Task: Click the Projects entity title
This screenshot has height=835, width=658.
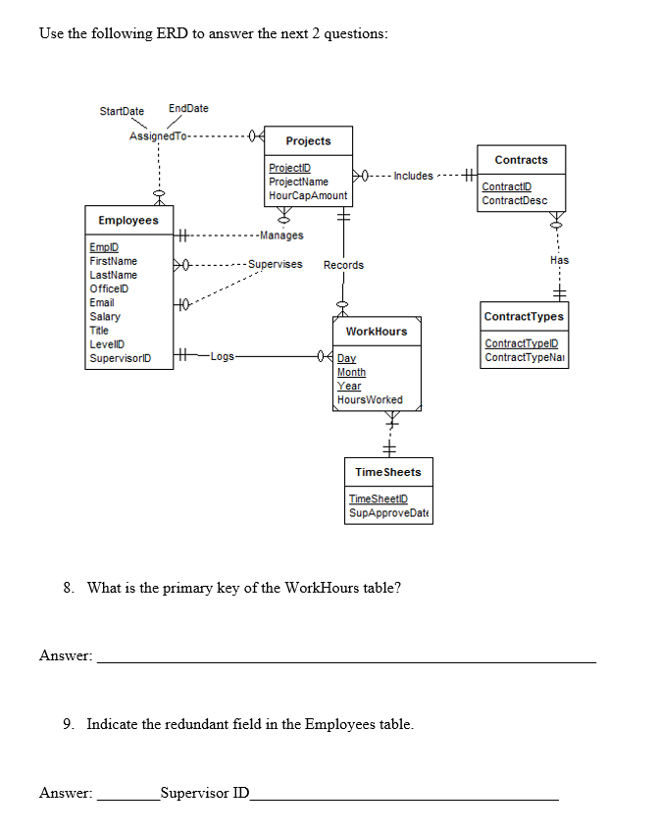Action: click(308, 141)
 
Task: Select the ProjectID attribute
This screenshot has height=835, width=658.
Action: click(289, 168)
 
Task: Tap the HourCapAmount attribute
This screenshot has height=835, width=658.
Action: click(308, 195)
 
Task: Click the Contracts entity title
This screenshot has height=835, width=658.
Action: click(521, 160)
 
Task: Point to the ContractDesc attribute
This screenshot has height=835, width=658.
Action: click(514, 200)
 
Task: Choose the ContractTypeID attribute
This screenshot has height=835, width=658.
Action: click(521, 343)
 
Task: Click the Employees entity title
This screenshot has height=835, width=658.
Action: click(128, 221)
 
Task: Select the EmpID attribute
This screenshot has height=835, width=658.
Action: click(104, 247)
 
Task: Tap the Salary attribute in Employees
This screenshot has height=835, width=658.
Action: click(105, 316)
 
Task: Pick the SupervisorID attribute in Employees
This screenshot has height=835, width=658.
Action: click(121, 358)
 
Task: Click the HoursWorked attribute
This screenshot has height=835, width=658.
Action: click(370, 399)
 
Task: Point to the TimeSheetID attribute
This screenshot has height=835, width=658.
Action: click(379, 499)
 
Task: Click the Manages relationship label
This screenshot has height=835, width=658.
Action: click(281, 235)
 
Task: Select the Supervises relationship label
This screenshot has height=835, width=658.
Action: click(276, 264)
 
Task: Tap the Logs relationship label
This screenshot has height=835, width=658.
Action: click(222, 356)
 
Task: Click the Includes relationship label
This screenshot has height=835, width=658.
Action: click(413, 176)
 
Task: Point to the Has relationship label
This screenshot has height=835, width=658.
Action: click(560, 260)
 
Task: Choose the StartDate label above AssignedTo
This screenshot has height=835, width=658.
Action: click(122, 111)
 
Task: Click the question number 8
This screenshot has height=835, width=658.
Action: click(69, 588)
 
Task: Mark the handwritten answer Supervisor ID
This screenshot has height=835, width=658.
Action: click(205, 793)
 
